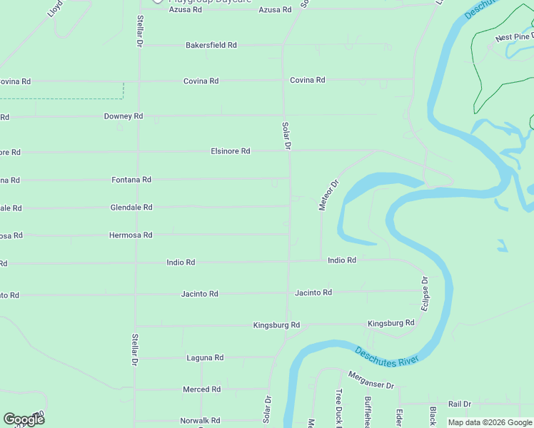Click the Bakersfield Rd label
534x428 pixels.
[211, 45]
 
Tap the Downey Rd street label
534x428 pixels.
[124, 116]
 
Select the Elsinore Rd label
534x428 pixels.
[230, 151]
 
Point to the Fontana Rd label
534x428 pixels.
[131, 180]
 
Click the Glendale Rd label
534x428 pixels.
[131, 208]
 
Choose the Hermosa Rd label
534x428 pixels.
[131, 235]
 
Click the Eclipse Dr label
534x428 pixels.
[425, 293]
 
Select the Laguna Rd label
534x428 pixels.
[205, 357]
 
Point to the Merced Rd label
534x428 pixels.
[201, 389]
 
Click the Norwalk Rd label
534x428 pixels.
[200, 421]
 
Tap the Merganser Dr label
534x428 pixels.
[371, 379]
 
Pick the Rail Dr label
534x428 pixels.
[460, 404]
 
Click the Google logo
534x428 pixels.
[24, 419]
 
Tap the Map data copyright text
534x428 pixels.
[489, 422]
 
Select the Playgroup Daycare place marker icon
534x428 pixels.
[158, 2]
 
